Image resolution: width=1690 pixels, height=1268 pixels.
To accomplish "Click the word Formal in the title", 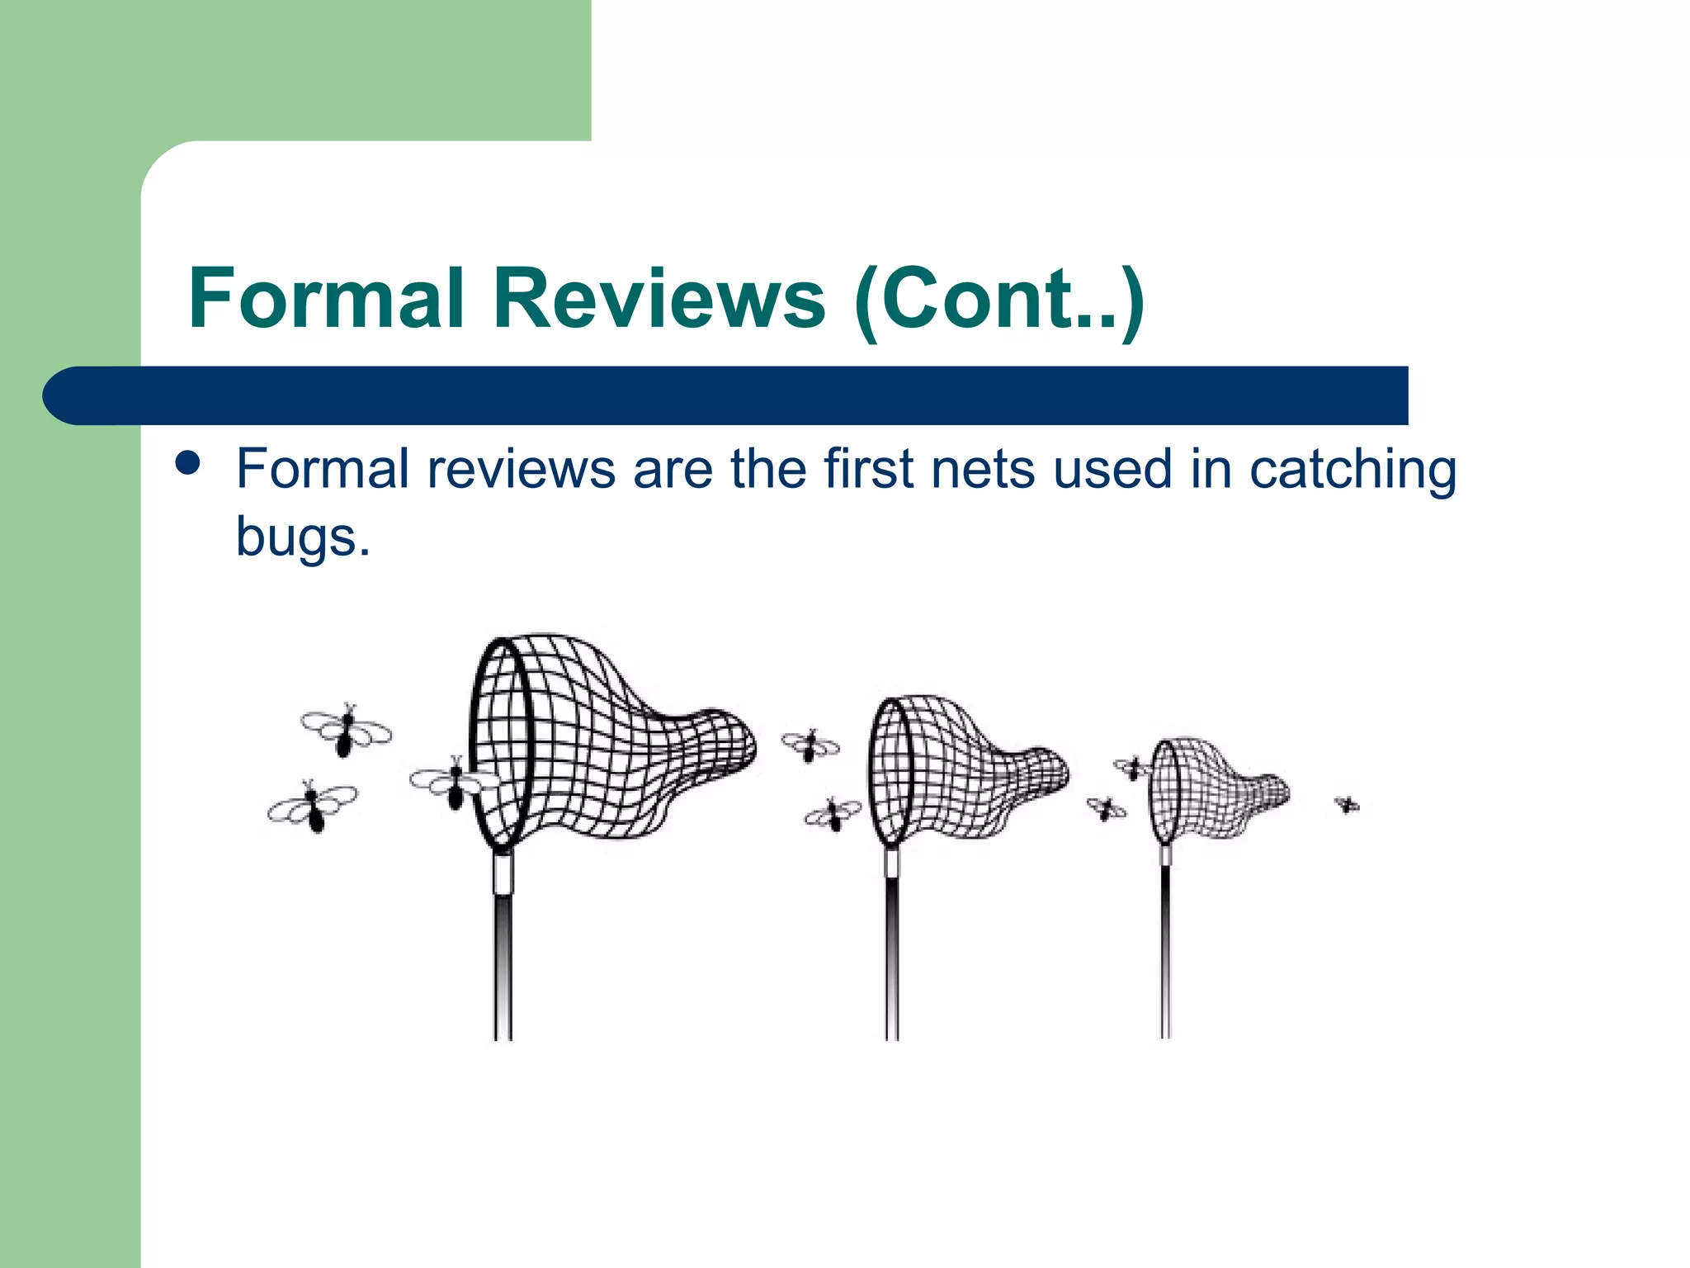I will tap(326, 298).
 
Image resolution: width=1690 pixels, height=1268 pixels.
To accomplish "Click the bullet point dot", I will tap(188, 463).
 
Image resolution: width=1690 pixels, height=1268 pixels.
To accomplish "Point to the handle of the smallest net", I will tap(1165, 949).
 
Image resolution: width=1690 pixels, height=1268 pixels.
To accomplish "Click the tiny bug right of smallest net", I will tap(1347, 804).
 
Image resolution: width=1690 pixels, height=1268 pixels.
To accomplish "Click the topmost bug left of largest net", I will tap(346, 730).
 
